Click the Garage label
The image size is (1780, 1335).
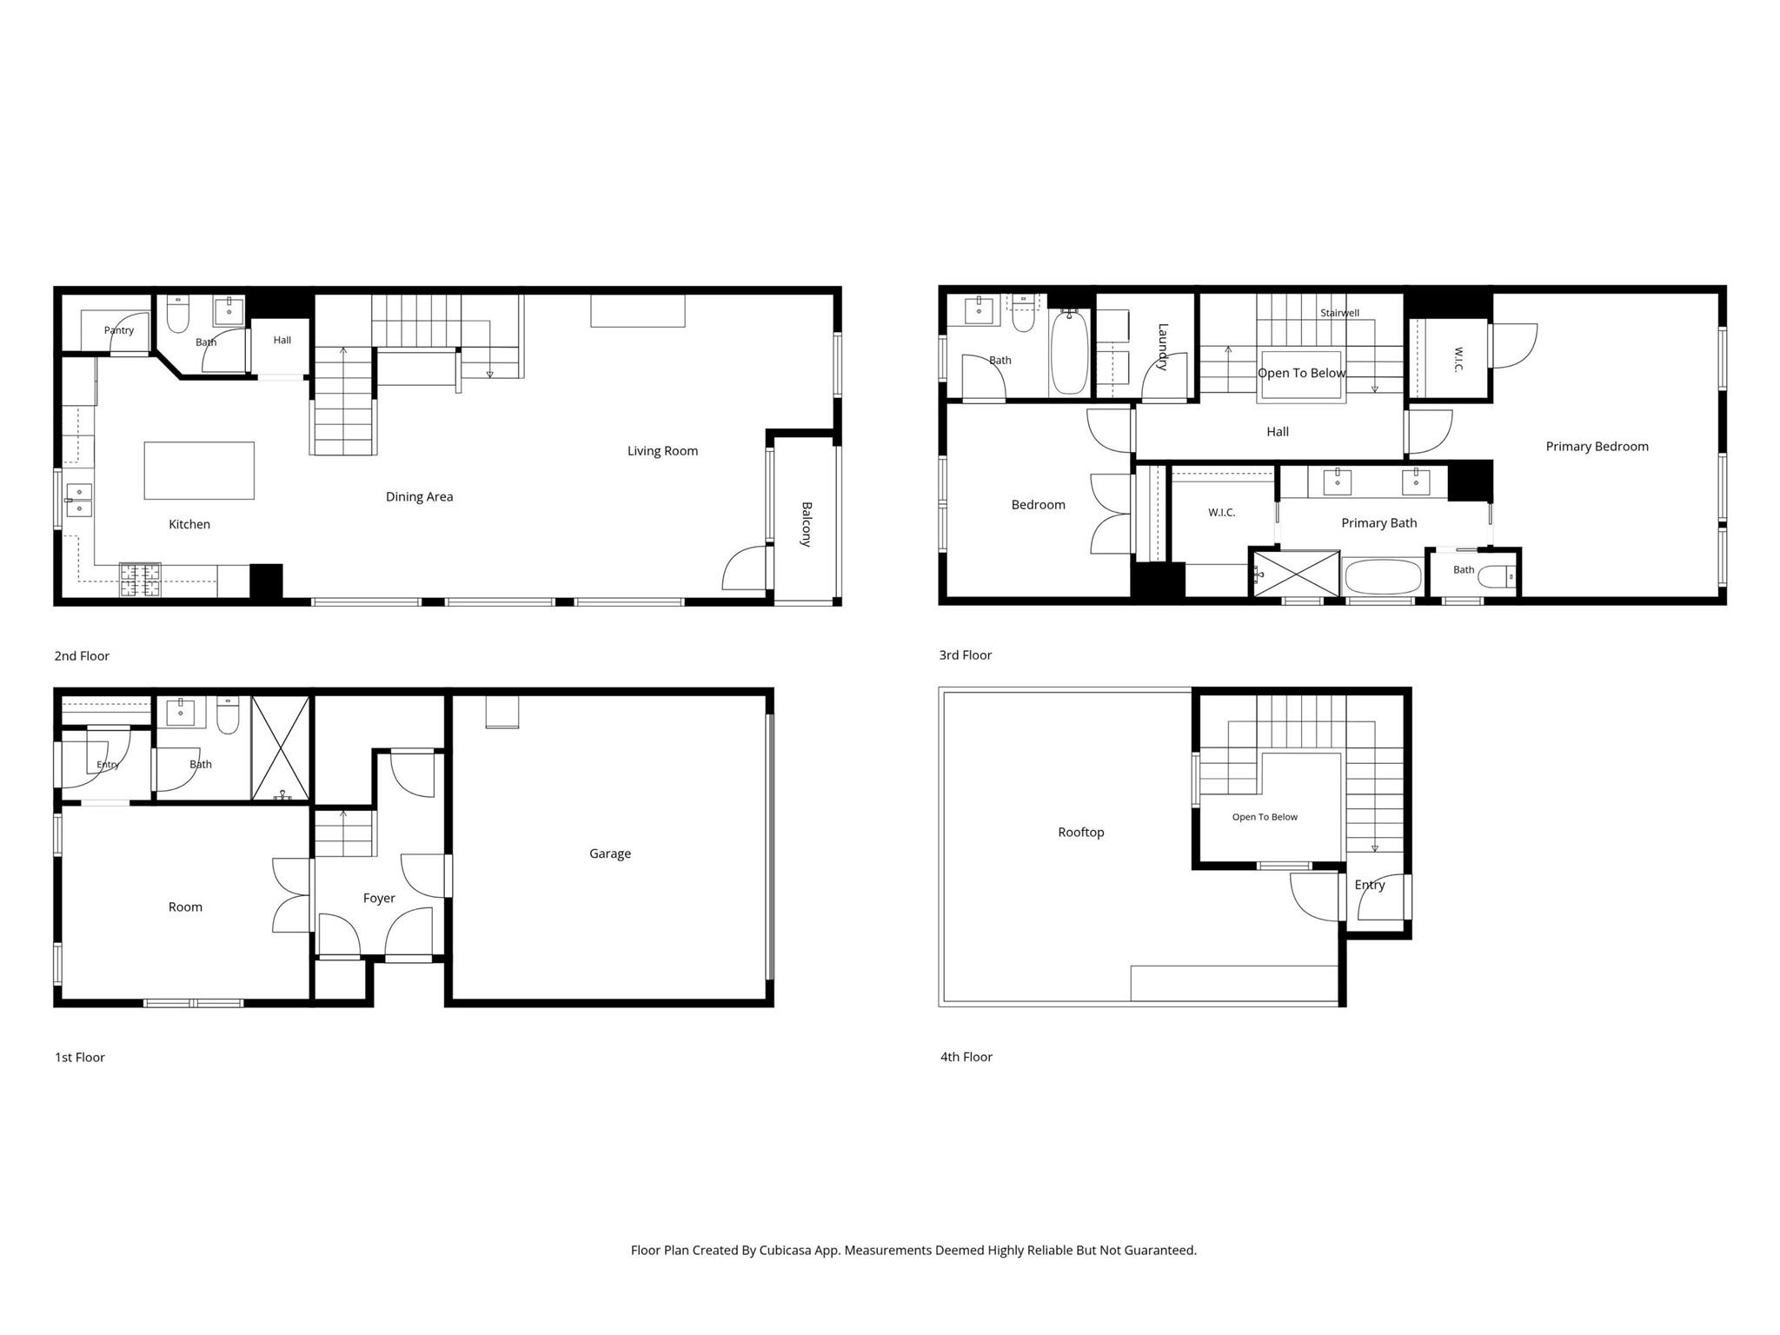click(x=609, y=853)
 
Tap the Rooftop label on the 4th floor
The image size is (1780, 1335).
click(x=1080, y=833)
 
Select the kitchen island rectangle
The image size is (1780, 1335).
click(x=199, y=470)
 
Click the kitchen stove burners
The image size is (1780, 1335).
click(x=140, y=580)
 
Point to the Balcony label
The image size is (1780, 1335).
click(x=807, y=524)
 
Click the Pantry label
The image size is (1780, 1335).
click(x=119, y=330)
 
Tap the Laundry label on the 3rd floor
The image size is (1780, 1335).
click(x=1163, y=347)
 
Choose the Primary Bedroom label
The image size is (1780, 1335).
click(x=1597, y=447)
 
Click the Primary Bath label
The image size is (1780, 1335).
click(x=1378, y=523)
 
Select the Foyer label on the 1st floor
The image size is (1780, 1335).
click(x=379, y=899)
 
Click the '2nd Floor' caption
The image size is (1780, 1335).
click(x=82, y=656)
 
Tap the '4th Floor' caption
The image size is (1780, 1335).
click(x=966, y=1057)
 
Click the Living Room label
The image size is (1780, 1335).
click(x=662, y=451)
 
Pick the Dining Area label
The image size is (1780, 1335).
click(x=419, y=497)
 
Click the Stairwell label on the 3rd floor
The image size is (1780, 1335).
click(x=1339, y=313)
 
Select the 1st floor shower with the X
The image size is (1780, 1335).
click(x=280, y=748)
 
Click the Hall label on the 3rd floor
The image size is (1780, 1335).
click(x=1277, y=432)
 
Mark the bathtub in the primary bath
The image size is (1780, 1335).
click(x=1382, y=576)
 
